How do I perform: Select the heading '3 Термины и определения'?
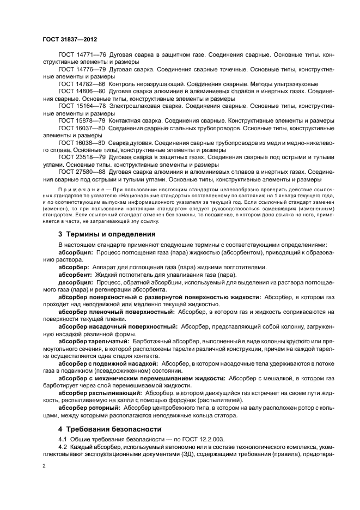click(107, 234)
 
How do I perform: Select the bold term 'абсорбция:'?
click(75, 252)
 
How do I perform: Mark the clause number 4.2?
click(63, 446)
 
